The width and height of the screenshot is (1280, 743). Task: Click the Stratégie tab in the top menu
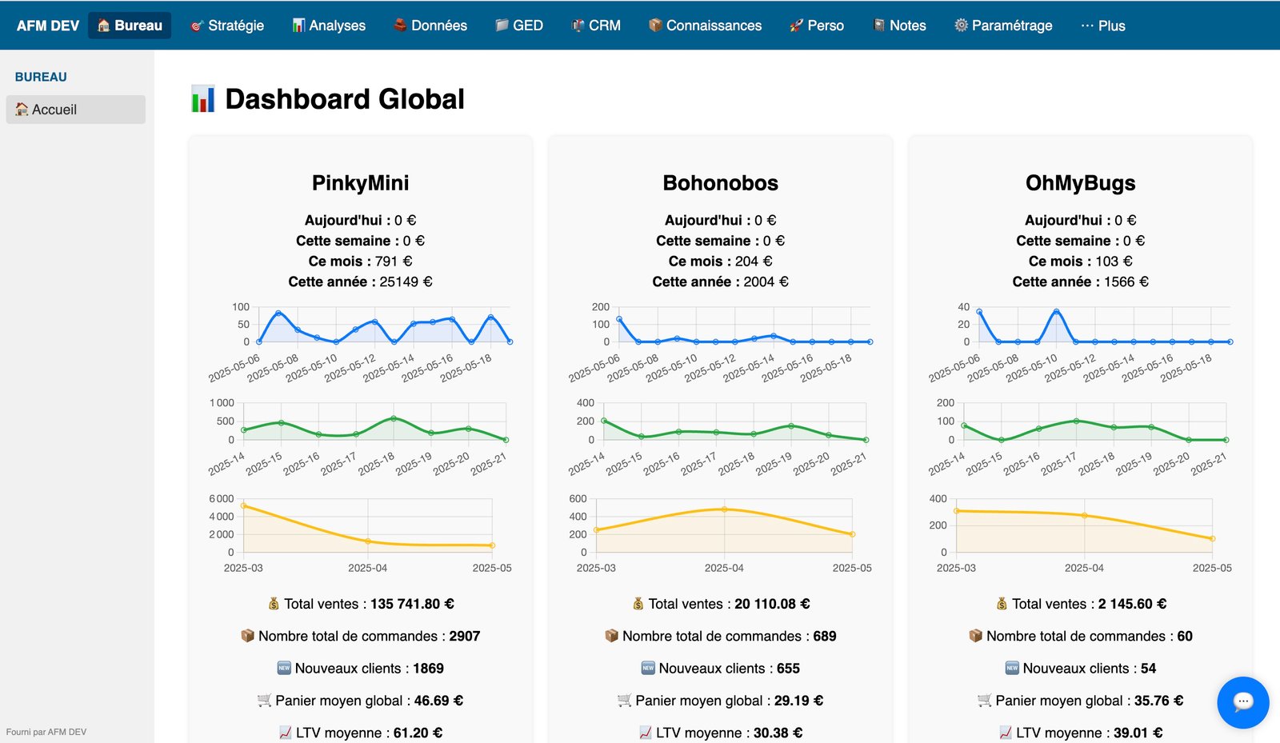[x=227, y=26]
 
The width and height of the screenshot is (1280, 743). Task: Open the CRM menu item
[x=596, y=26]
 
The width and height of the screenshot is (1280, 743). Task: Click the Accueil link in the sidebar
[x=54, y=110]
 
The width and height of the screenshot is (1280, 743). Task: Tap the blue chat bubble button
[x=1242, y=702]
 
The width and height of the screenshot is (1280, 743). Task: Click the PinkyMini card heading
[x=360, y=183]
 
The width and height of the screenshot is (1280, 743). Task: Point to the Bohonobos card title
[x=720, y=183]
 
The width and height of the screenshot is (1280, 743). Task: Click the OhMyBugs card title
[x=1080, y=183]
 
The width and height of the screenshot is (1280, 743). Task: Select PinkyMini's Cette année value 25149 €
[x=406, y=282]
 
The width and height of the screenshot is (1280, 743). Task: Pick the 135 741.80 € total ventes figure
[x=412, y=604]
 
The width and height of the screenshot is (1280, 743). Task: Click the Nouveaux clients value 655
[x=788, y=669]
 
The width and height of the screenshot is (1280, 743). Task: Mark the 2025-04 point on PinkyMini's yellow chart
[x=368, y=541]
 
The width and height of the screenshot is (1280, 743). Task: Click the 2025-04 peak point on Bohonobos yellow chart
[x=724, y=509]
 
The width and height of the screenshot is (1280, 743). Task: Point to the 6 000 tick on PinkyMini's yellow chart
[x=222, y=498]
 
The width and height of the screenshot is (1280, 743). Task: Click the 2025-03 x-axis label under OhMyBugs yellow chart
[x=956, y=568]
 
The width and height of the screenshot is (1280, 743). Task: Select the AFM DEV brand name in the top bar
[x=47, y=26]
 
